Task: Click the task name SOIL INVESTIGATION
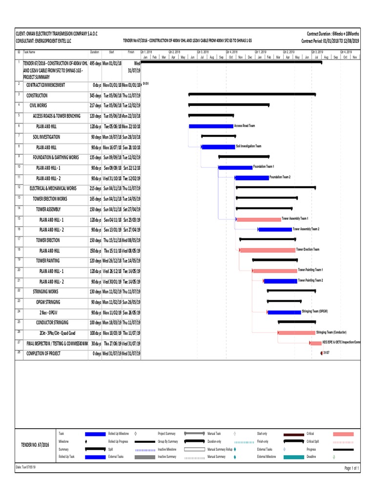[x=46, y=137]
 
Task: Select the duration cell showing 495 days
[x=95, y=63]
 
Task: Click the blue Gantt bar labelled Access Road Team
[x=211, y=126]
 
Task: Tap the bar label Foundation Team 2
[x=280, y=177]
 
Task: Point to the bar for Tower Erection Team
[x=268, y=250]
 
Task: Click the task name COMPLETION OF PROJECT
[x=43, y=354]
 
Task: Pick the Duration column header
[x=94, y=52]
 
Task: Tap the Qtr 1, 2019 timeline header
[x=260, y=51]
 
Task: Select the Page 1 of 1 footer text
[x=352, y=468]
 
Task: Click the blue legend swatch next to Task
[x=95, y=434]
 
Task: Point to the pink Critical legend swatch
[x=343, y=434]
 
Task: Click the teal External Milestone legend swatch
[x=293, y=457]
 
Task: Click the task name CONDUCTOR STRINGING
[x=52, y=323]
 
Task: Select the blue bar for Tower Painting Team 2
[x=280, y=281]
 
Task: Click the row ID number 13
[x=19, y=197]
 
